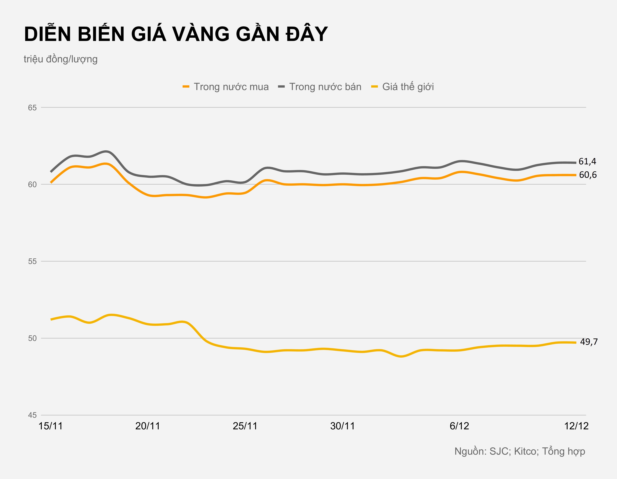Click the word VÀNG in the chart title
(x=201, y=34)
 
